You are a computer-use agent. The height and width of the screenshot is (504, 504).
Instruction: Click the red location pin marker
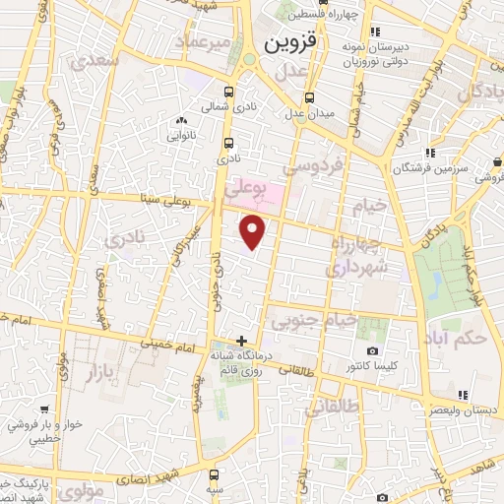tap(254, 232)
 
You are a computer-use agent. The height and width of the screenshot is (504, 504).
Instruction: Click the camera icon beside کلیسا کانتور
tap(372, 351)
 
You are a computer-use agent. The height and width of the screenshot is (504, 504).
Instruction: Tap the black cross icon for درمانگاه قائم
tap(242, 340)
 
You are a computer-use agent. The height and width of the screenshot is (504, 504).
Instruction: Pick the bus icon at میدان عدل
tap(311, 97)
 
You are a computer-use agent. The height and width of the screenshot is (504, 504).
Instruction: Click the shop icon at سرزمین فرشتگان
tap(430, 152)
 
